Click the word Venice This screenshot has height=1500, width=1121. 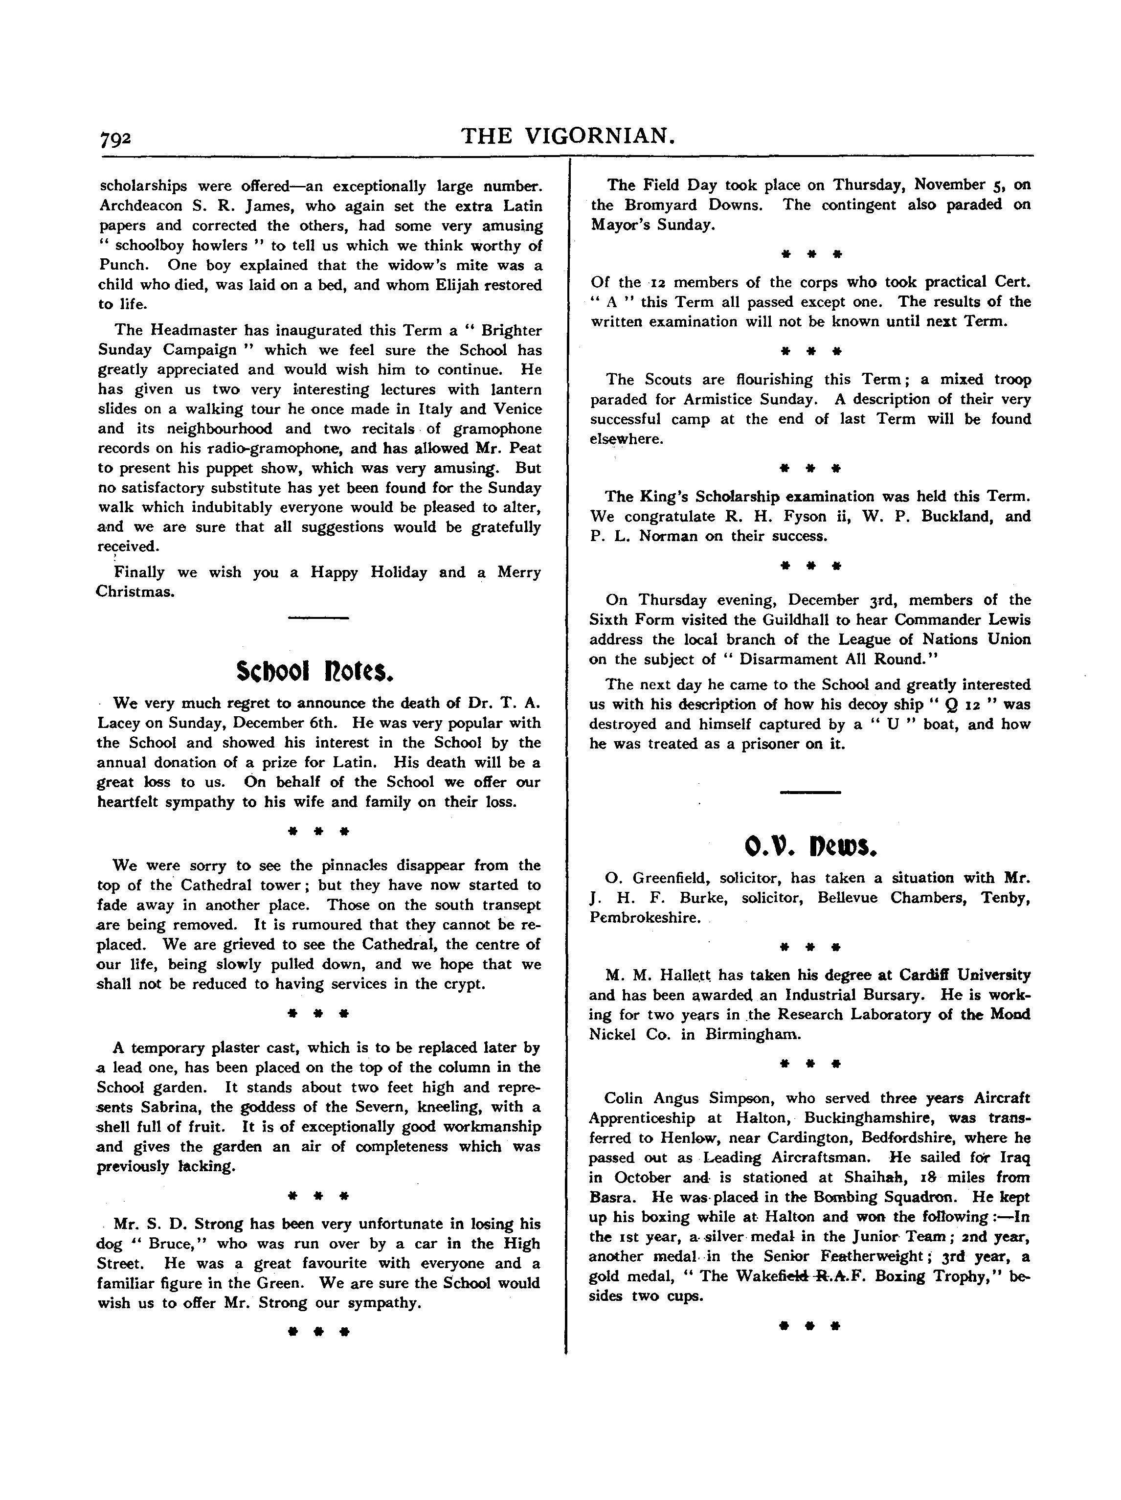click(517, 409)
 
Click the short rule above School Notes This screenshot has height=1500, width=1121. click(318, 618)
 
